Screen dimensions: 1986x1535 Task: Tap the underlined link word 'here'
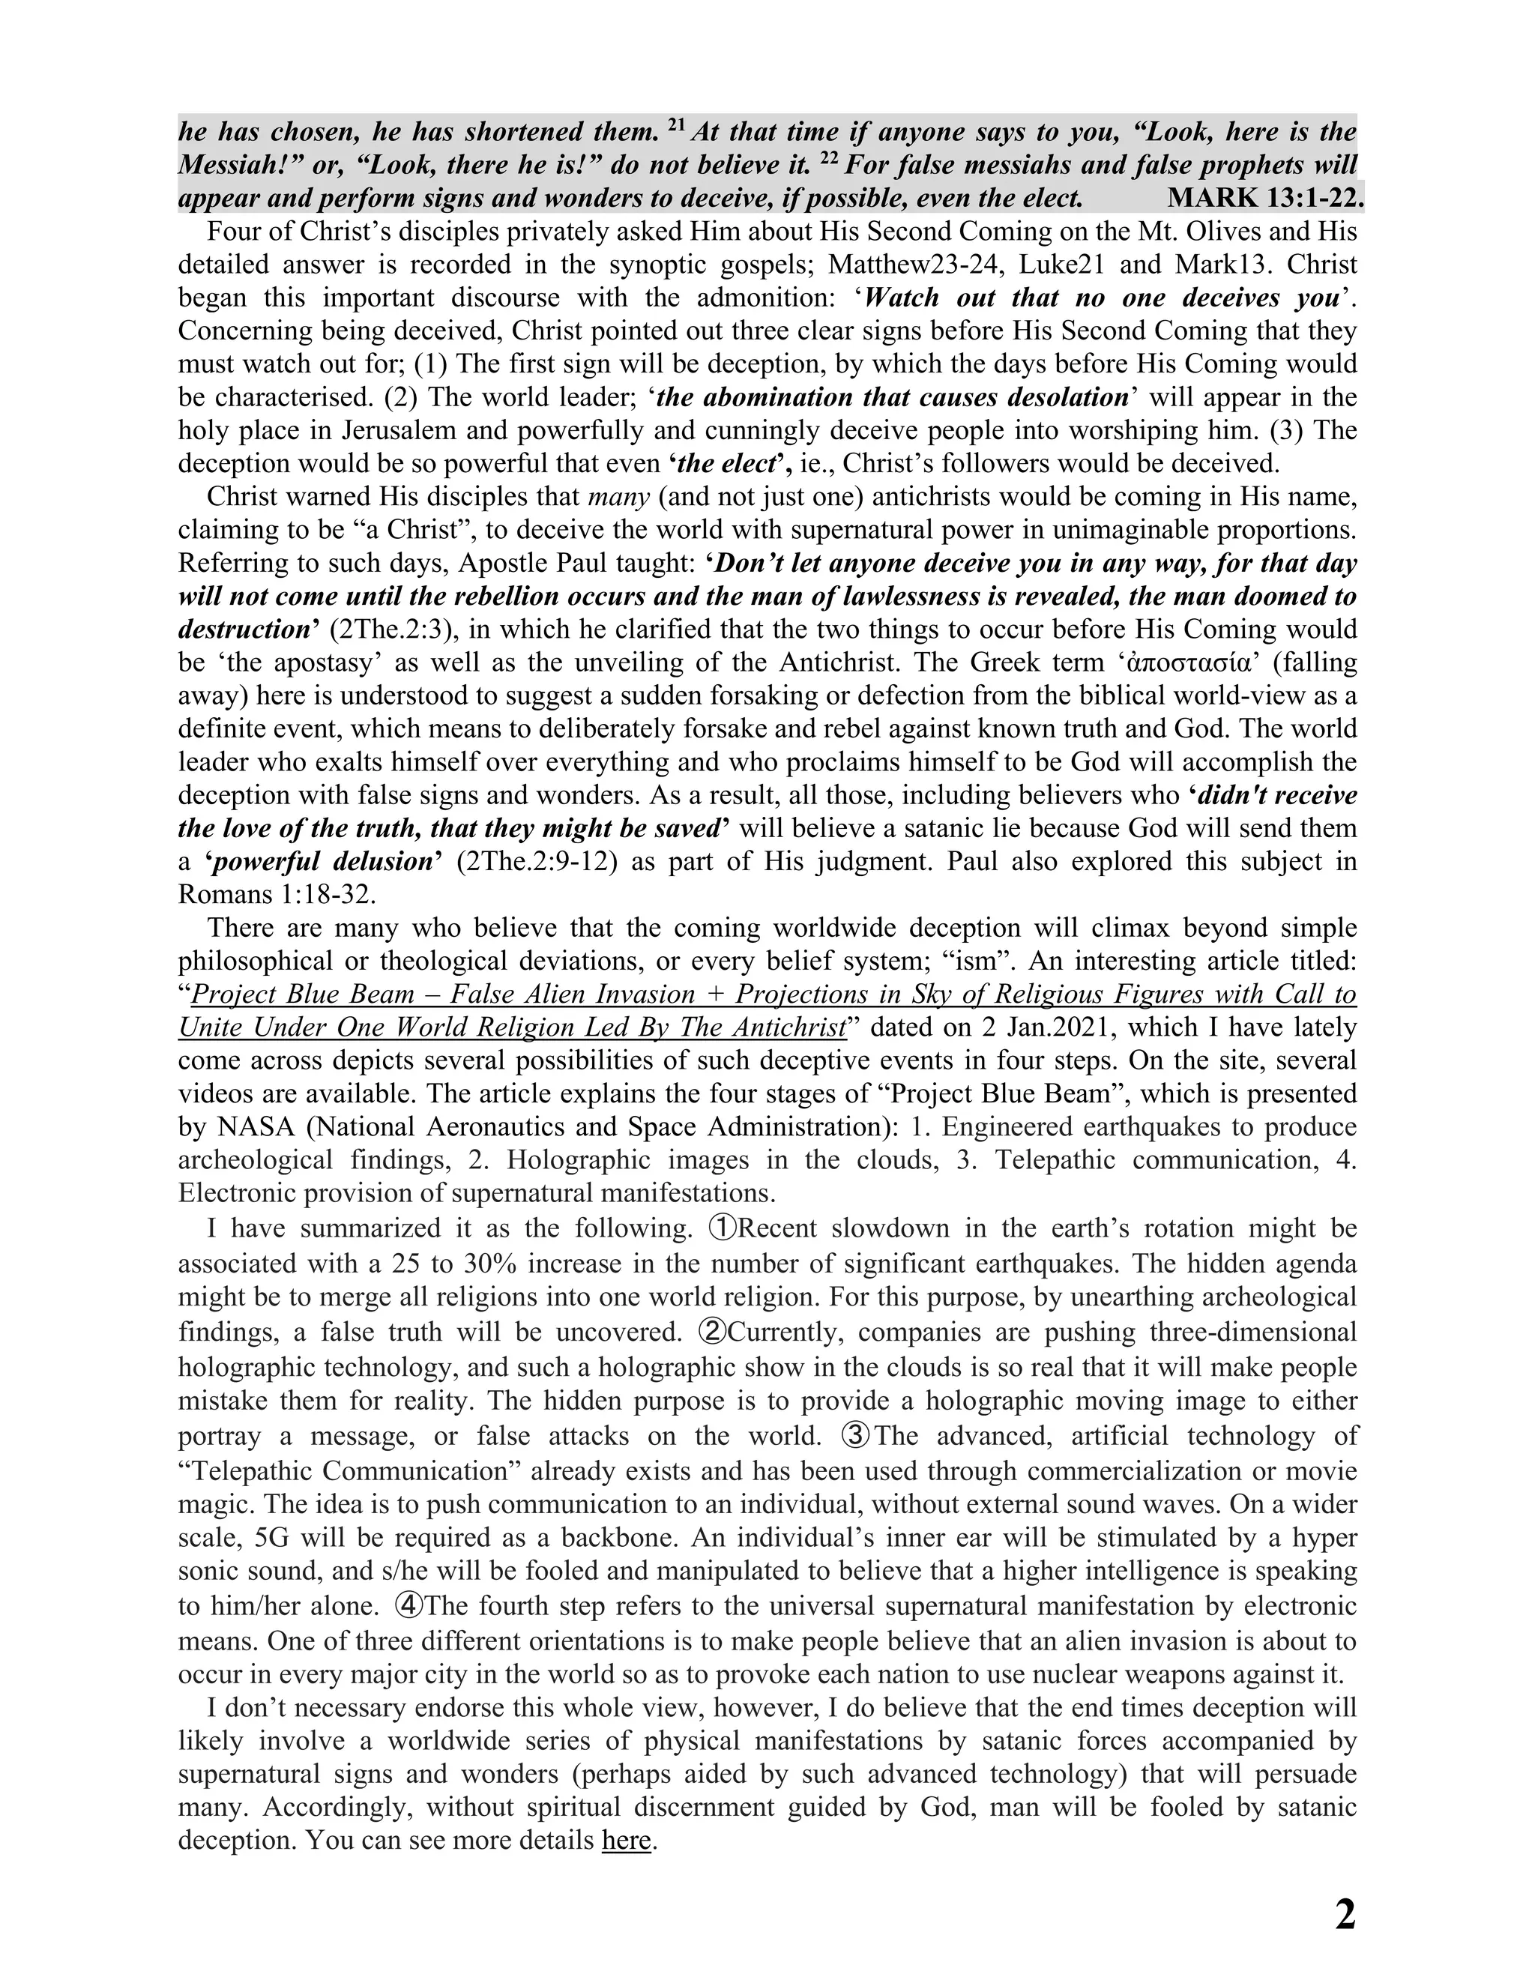627,1841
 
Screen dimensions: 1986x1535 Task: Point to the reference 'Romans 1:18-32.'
277,895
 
